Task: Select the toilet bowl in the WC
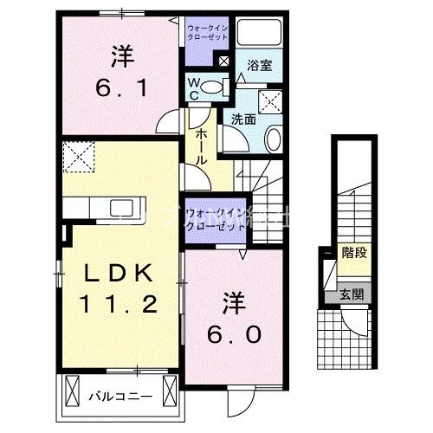[216, 85]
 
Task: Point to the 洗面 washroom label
[242, 120]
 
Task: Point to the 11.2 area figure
[120, 304]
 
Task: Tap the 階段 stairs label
[352, 255]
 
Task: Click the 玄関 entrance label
[352, 294]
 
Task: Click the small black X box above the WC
[223, 61]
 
